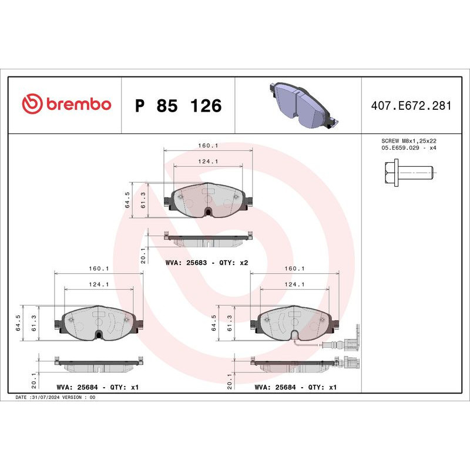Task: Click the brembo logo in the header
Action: click(66, 104)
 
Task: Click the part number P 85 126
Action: click(178, 106)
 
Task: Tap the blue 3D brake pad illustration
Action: click(299, 106)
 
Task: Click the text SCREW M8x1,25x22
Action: click(409, 142)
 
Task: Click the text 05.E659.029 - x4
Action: click(409, 149)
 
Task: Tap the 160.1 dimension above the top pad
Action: click(207, 145)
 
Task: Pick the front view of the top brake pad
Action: click(209, 201)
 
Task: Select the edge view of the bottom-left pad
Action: click(99, 364)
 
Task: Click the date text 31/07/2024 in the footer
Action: click(45, 398)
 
